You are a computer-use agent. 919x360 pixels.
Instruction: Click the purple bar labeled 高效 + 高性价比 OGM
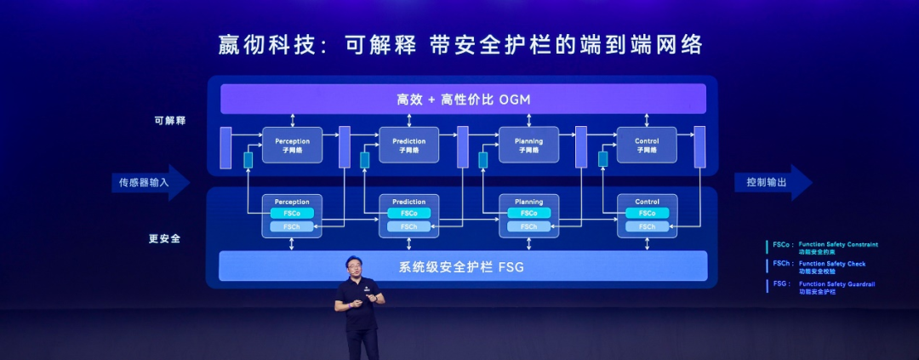point(463,99)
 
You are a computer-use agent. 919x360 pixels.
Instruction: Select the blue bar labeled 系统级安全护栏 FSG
point(463,266)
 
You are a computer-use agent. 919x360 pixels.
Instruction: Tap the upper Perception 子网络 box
point(292,145)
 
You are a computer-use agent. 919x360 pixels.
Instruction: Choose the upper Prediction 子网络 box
point(408,145)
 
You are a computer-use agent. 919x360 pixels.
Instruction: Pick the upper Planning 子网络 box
point(528,145)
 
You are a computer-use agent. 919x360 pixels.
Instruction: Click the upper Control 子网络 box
point(647,145)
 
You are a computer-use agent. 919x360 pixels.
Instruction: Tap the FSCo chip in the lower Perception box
point(292,213)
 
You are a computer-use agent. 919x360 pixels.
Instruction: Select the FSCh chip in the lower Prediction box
point(408,226)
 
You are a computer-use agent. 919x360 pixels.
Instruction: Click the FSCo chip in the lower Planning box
point(528,213)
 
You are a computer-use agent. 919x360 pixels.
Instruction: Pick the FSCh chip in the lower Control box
point(647,226)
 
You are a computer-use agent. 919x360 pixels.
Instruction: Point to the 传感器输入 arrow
point(150,182)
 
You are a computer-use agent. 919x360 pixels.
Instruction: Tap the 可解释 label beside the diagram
point(169,121)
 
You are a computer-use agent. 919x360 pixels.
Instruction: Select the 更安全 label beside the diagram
point(164,239)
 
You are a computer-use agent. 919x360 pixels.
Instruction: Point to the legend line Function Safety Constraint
point(838,244)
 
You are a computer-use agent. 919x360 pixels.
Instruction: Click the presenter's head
point(354,266)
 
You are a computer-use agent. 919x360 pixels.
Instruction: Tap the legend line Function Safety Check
point(832,264)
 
